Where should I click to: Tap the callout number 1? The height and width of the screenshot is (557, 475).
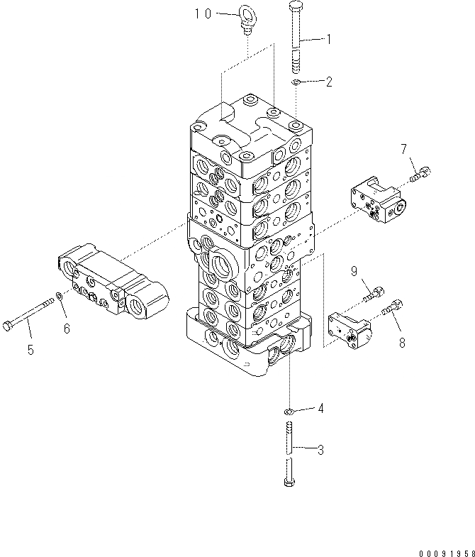coord(328,40)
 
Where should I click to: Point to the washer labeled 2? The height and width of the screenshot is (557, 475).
coord(297,84)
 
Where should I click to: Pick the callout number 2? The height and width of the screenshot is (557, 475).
coord(328,82)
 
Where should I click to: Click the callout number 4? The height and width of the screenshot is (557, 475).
coord(320,408)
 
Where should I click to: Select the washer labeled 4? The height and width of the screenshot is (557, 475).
coord(289,411)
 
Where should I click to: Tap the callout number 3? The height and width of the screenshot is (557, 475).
coord(320,449)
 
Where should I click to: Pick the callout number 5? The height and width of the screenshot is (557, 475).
coord(30,349)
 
